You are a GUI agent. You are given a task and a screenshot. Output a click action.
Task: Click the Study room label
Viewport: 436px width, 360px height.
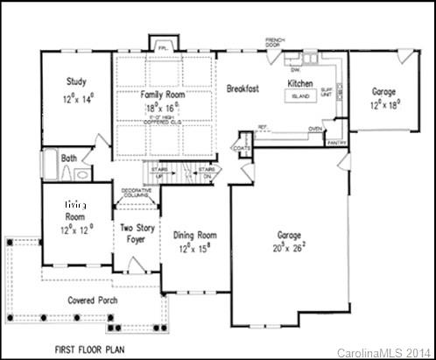(x=76, y=82)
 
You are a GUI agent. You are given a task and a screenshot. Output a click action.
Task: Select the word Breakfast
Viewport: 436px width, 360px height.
(x=245, y=88)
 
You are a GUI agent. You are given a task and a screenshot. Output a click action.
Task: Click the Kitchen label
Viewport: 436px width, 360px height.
(x=301, y=83)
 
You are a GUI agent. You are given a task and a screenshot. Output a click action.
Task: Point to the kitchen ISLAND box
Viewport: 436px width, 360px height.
(x=301, y=95)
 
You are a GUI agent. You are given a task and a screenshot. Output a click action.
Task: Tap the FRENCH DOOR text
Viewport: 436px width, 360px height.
(x=279, y=40)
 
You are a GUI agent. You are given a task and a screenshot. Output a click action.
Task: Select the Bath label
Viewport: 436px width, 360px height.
(x=68, y=159)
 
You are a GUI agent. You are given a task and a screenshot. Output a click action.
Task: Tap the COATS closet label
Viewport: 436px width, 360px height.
(x=243, y=148)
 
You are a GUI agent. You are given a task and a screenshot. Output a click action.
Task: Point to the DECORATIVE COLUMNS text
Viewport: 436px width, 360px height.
(x=136, y=193)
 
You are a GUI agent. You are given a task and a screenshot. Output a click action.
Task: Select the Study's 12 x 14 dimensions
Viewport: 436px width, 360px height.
(x=77, y=99)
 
